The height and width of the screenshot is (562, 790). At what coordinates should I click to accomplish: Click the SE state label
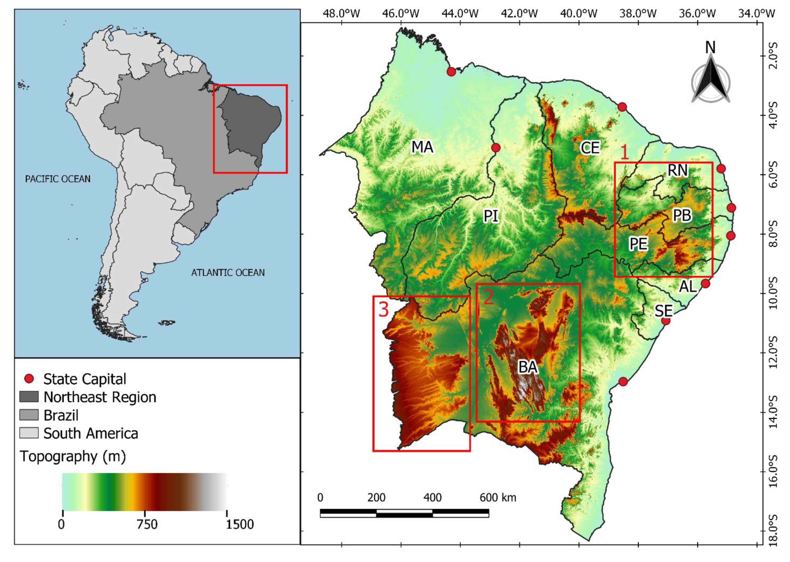[x=663, y=311]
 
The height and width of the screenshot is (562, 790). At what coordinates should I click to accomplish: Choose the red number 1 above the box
[x=624, y=153]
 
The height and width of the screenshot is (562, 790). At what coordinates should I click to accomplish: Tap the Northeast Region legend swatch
[x=29, y=397]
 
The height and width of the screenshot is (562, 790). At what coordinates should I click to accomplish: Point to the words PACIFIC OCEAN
[x=58, y=179]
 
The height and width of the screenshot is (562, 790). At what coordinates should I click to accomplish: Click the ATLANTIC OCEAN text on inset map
[x=228, y=273]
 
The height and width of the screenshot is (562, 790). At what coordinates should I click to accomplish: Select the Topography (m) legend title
[x=73, y=456]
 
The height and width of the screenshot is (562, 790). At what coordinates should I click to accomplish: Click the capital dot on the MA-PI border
[x=496, y=148]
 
